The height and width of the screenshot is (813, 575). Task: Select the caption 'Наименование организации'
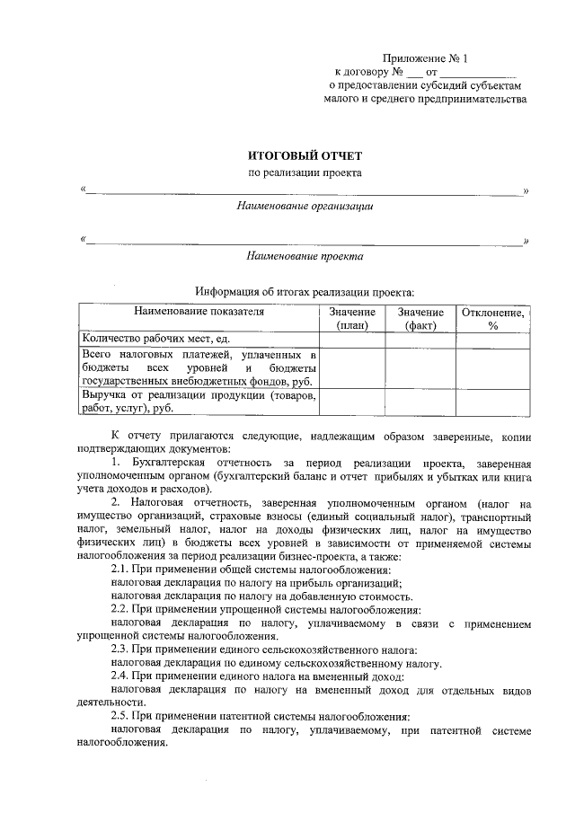click(x=305, y=206)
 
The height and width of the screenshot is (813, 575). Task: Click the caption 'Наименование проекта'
click(x=305, y=256)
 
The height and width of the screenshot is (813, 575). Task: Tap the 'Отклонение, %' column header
click(x=492, y=319)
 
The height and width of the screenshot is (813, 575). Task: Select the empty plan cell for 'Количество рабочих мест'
click(x=351, y=339)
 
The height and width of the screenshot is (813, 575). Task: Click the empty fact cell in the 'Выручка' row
click(x=420, y=402)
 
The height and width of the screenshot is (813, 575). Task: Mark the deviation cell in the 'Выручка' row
click(x=492, y=402)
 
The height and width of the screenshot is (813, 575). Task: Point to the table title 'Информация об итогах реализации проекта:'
click(x=305, y=291)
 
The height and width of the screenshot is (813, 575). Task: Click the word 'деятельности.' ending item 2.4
click(x=111, y=703)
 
